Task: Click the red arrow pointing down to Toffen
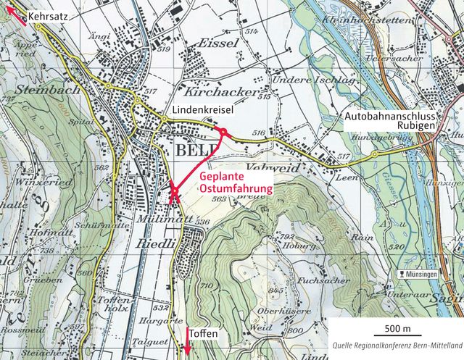pos(187,341)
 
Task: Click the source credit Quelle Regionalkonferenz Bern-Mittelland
pos(397,346)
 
